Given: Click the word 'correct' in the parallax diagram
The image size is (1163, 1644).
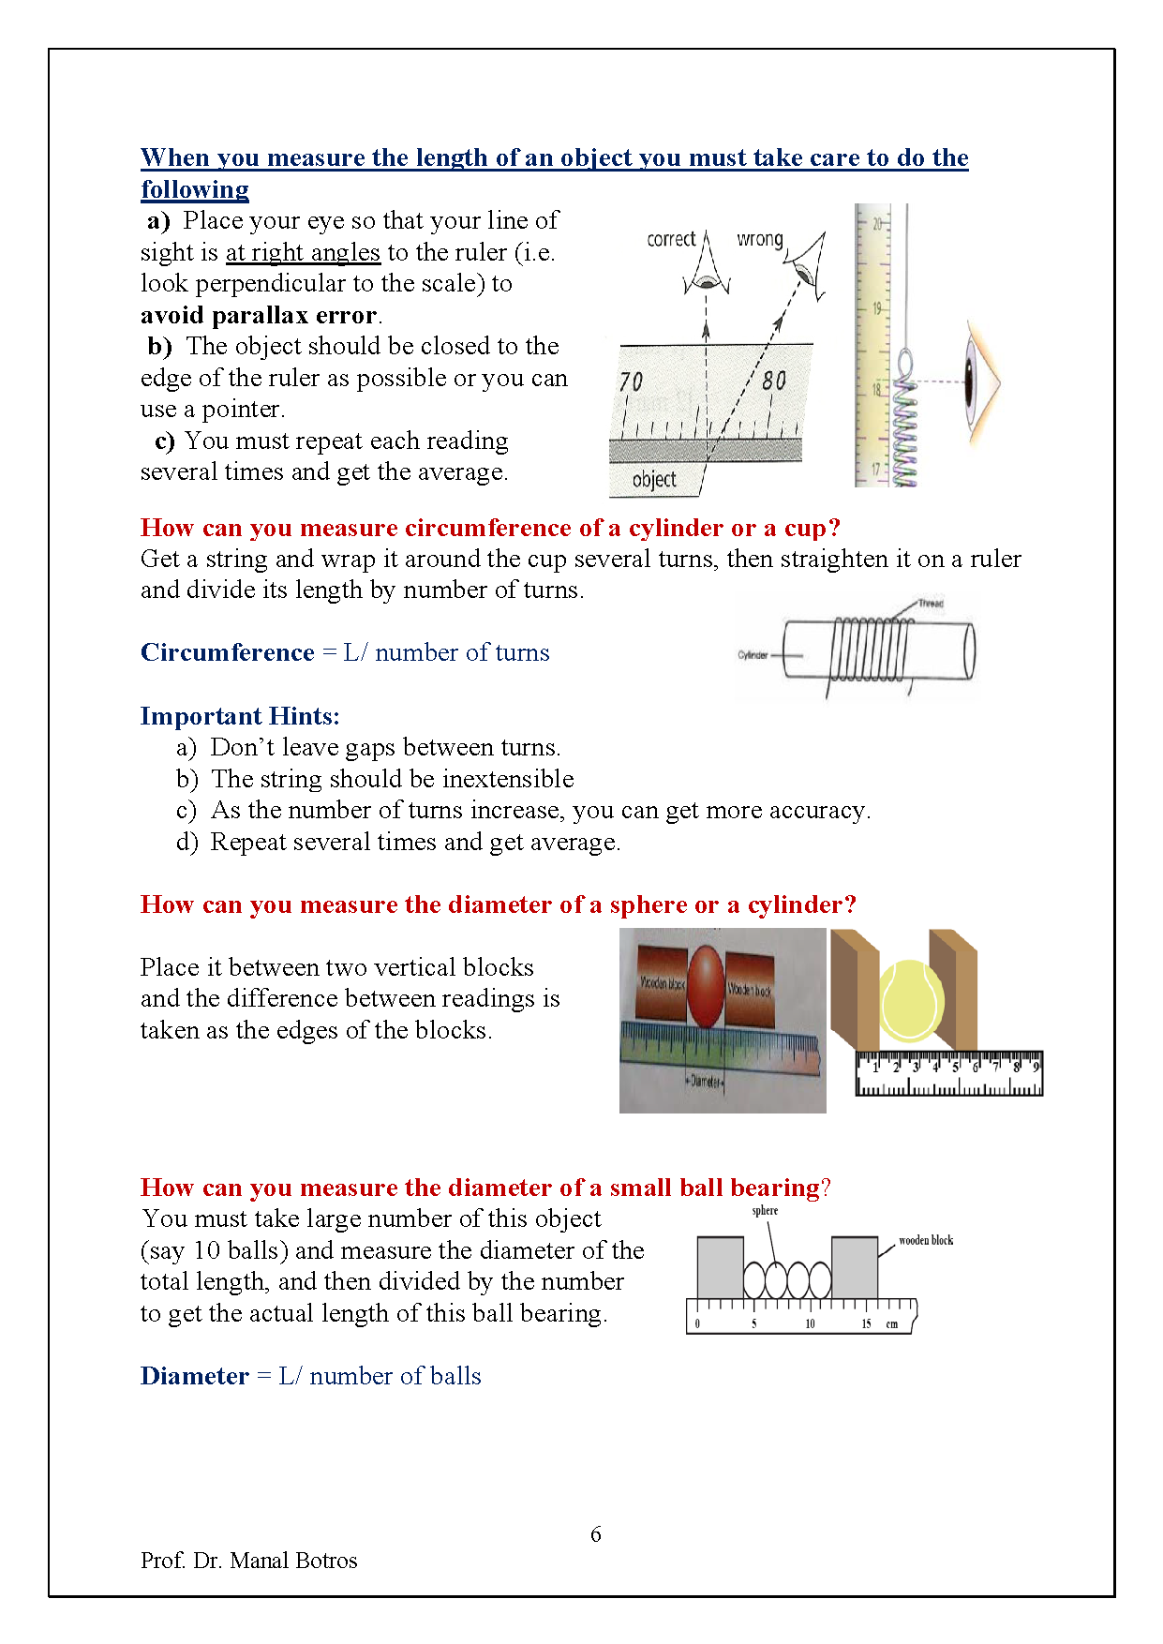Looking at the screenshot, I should pyautogui.click(x=671, y=239).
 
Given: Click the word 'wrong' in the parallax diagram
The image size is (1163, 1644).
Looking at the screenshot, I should pyautogui.click(x=759, y=239).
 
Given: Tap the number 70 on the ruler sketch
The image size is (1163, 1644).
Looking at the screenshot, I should pyautogui.click(x=631, y=381).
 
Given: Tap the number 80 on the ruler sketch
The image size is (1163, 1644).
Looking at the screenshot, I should pyautogui.click(x=774, y=381).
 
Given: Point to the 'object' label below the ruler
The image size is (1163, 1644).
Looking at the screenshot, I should pyautogui.click(x=654, y=480).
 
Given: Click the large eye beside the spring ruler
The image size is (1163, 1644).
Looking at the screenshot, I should pyautogui.click(x=980, y=382).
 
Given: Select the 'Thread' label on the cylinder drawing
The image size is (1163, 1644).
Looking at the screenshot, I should pyautogui.click(x=931, y=603).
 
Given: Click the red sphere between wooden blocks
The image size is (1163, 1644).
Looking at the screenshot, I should pyautogui.click(x=706, y=987).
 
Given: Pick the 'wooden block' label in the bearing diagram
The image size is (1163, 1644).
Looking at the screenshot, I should pyautogui.click(x=926, y=1240).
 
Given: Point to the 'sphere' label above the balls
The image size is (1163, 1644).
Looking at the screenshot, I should pyautogui.click(x=765, y=1210).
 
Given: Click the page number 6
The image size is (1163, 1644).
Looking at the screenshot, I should pyautogui.click(x=596, y=1534).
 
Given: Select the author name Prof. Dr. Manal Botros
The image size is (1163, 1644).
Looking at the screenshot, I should pyautogui.click(x=249, y=1561).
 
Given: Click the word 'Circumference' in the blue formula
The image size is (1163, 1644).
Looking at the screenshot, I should pyautogui.click(x=228, y=652).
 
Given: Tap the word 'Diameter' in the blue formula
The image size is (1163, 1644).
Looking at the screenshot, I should pyautogui.click(x=195, y=1376).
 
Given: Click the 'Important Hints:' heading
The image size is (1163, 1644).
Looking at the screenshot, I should pyautogui.click(x=240, y=716).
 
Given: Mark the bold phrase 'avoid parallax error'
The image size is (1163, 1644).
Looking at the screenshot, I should pyautogui.click(x=259, y=315).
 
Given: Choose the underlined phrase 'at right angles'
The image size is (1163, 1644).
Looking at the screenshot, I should pyautogui.click(x=303, y=252).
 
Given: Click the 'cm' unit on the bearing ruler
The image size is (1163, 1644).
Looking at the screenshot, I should pyautogui.click(x=892, y=1324).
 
